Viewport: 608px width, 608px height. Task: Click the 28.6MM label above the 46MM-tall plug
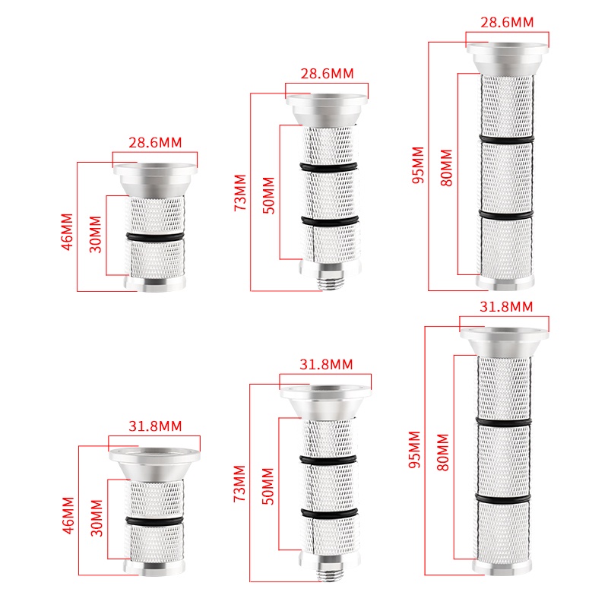pyautogui.click(x=155, y=143)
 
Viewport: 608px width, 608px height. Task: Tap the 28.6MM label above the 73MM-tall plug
pyautogui.click(x=328, y=74)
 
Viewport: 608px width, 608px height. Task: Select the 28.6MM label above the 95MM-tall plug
pyautogui.click(x=507, y=22)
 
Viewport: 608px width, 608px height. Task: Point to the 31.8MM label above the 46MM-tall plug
pyautogui.click(x=155, y=426)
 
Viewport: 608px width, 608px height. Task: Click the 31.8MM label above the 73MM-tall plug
pyautogui.click(x=326, y=365)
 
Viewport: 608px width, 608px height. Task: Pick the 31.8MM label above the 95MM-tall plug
pyautogui.click(x=506, y=307)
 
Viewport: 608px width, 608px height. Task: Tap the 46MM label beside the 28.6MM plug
pyautogui.click(x=68, y=232)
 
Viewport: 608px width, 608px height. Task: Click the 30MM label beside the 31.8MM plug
pyautogui.click(x=97, y=518)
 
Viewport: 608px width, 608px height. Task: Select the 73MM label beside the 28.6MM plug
pyautogui.click(x=240, y=193)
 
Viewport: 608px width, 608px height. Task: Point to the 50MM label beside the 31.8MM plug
pyautogui.click(x=268, y=486)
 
